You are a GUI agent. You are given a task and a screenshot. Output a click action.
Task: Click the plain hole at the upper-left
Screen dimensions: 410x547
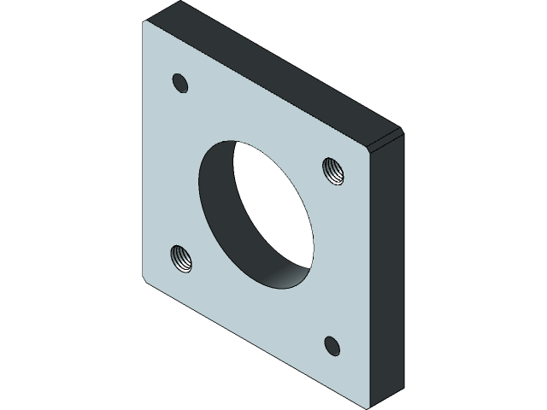click(179, 83)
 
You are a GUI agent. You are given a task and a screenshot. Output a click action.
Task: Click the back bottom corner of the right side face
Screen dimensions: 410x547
click(402, 381)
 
